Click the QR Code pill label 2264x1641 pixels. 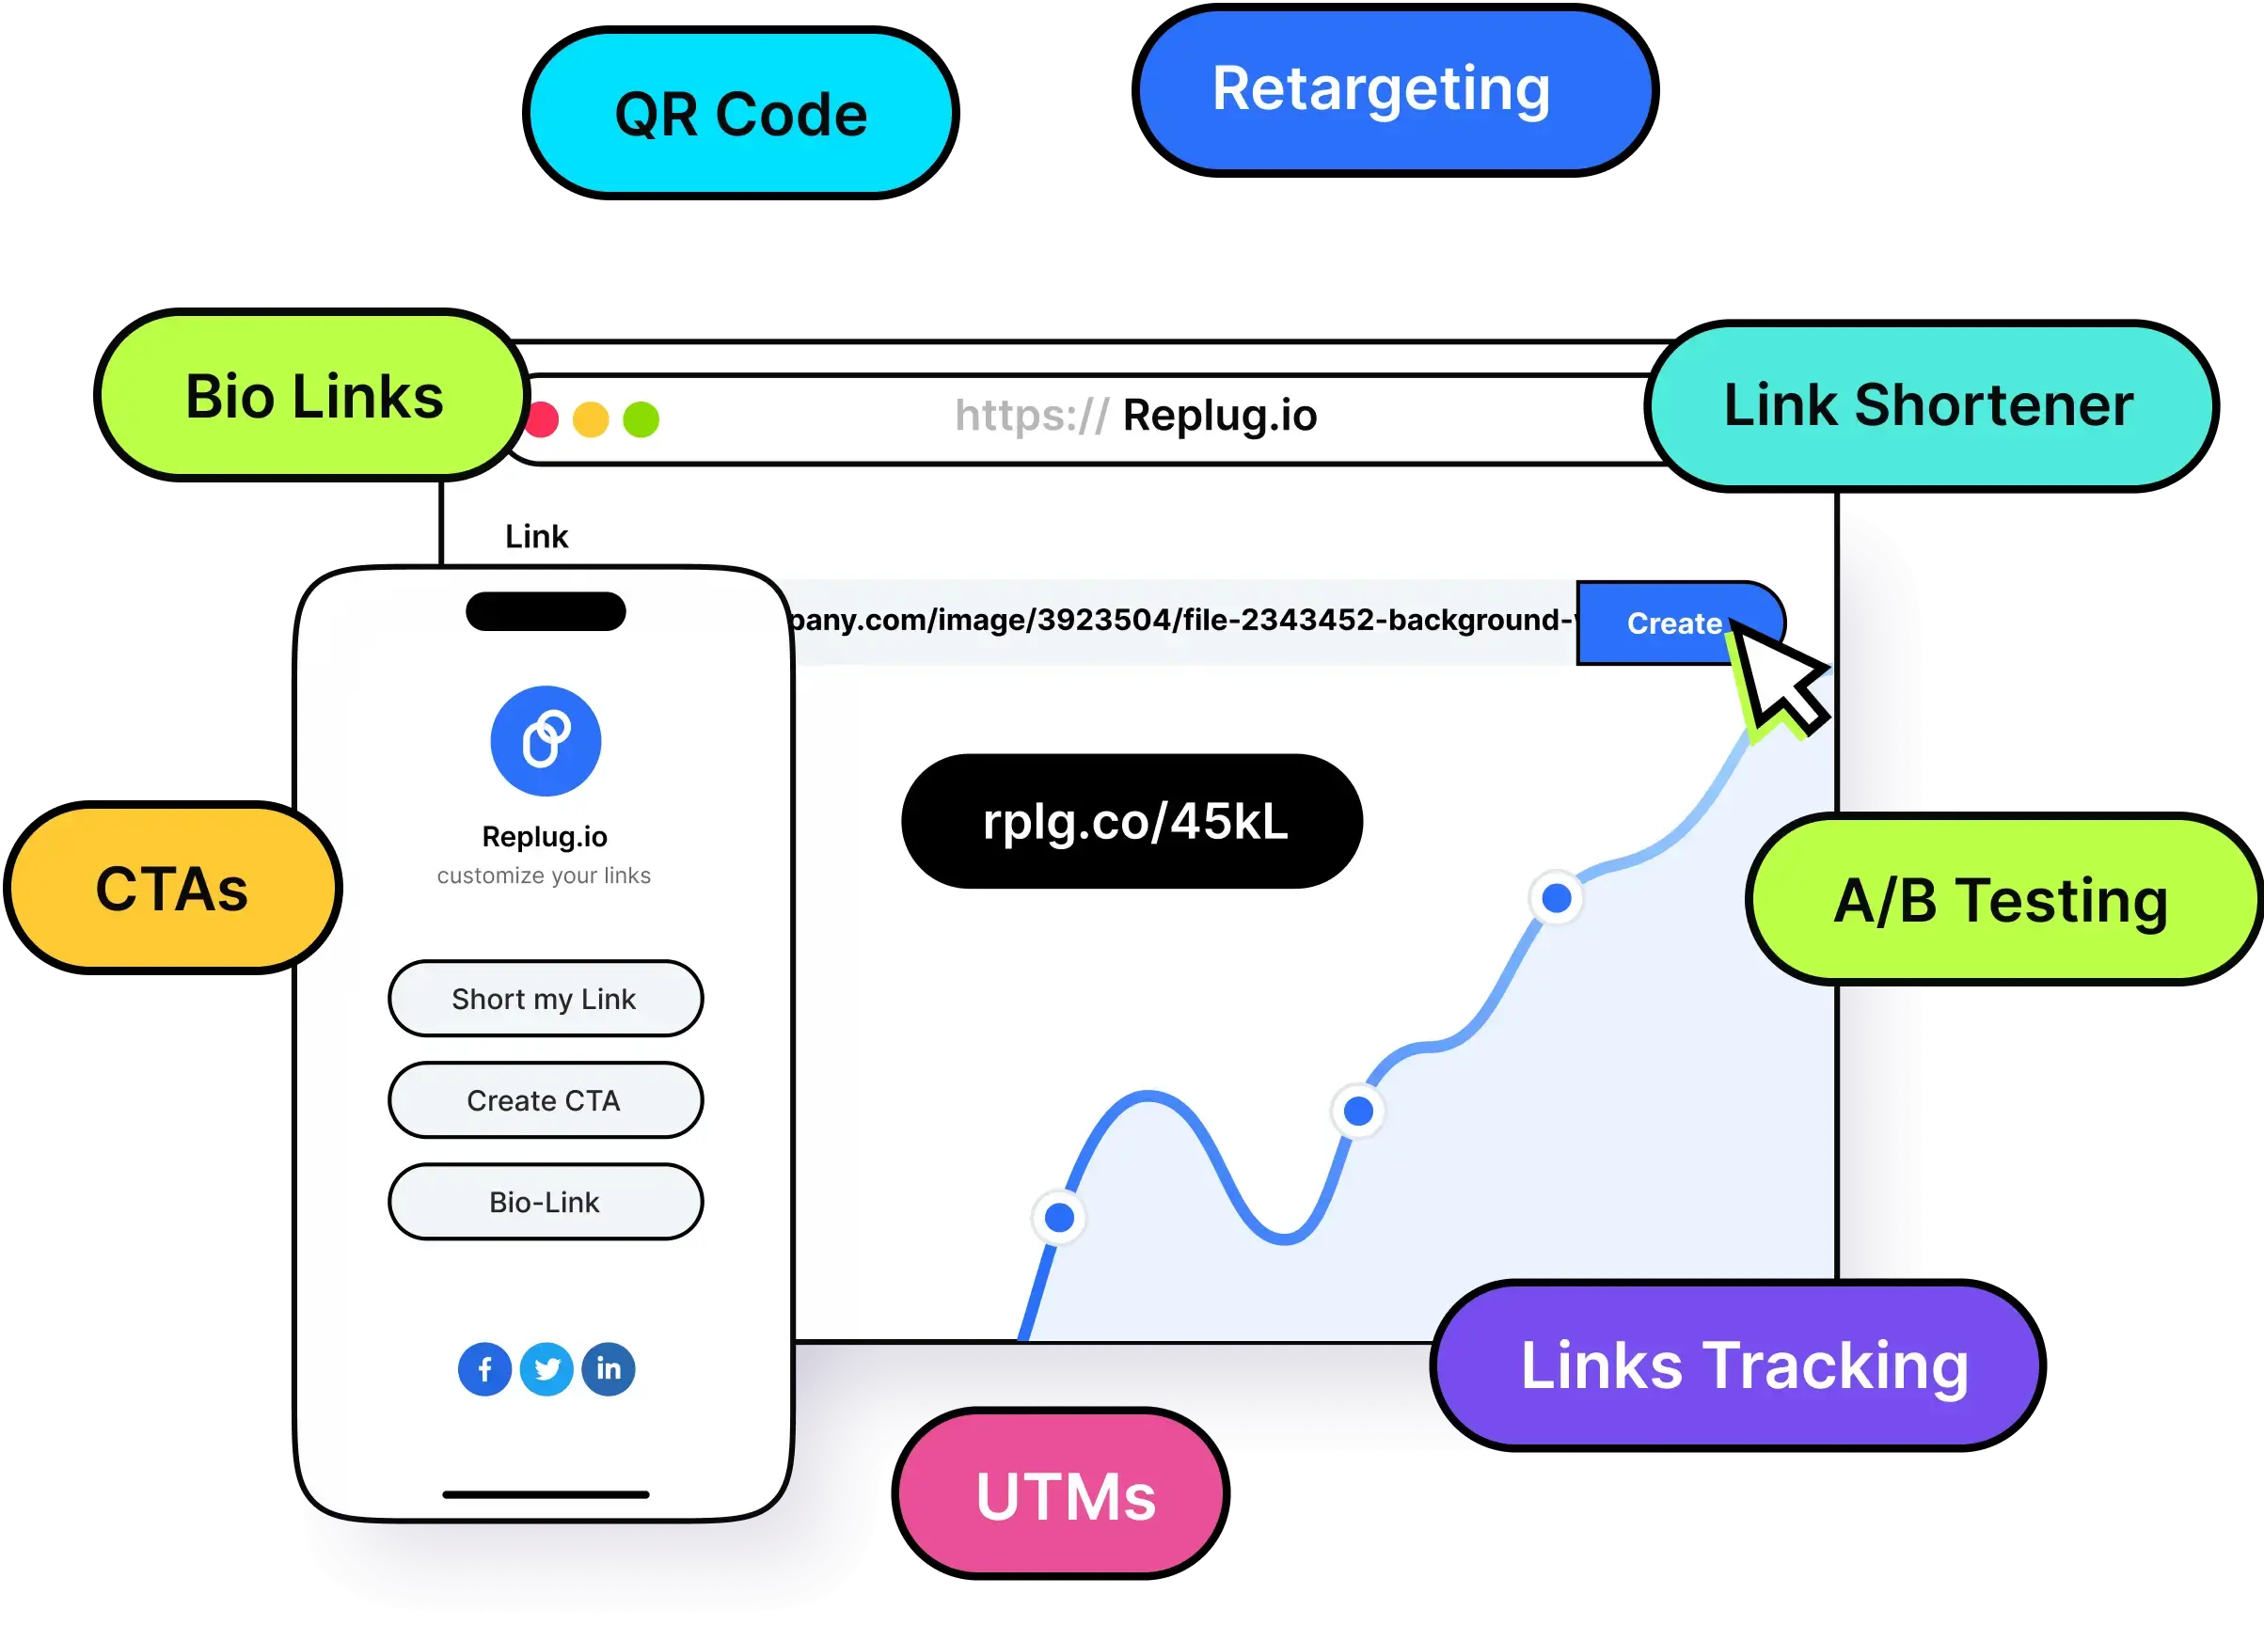pos(740,113)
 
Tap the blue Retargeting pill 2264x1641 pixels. pos(1395,90)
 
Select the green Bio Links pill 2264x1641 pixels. pos(313,396)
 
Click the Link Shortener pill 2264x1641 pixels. pos(1928,405)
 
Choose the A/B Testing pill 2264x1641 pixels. pos(2001,900)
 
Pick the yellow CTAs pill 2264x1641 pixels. pos(172,889)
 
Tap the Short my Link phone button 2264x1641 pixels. pos(545,998)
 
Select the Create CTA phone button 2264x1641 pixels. pos(545,1100)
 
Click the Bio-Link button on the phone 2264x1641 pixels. pos(545,1202)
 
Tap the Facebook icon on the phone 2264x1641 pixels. pos(485,1368)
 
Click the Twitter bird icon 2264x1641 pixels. pos(547,1368)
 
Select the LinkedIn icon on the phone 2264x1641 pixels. pos(608,1368)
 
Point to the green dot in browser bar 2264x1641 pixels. pos(641,419)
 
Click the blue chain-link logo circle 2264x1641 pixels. pos(545,741)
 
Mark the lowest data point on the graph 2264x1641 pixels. pos(1059,1218)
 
